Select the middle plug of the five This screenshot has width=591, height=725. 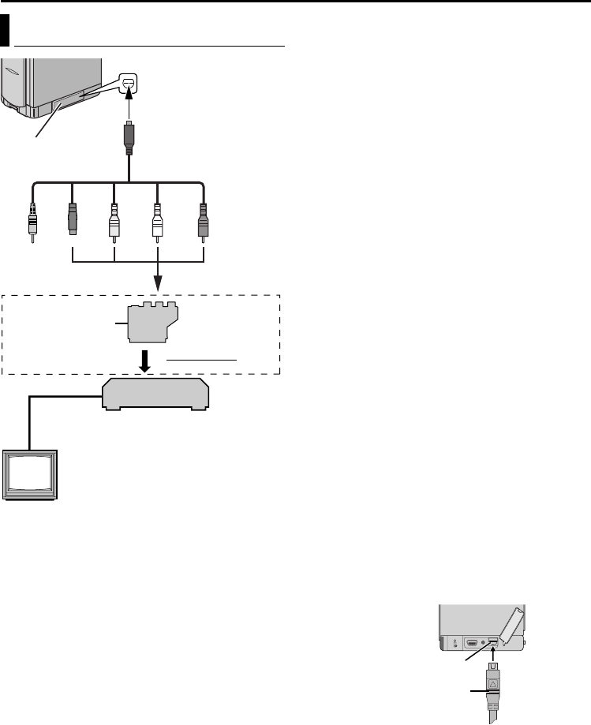coord(114,220)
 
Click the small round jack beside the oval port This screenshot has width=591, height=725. coord(484,643)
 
